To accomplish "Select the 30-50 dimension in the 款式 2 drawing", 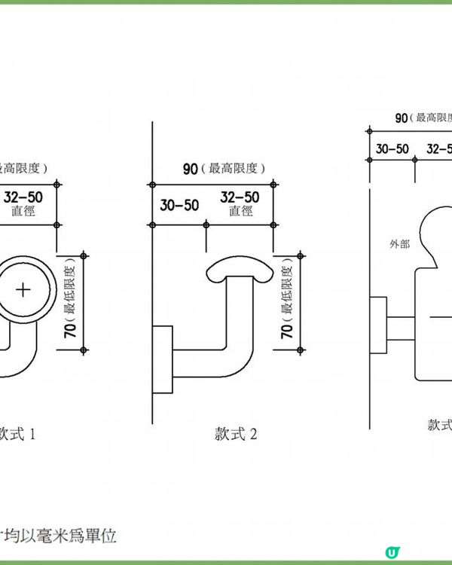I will (x=179, y=205).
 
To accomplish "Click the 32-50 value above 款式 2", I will (x=240, y=197).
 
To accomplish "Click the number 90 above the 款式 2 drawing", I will (x=190, y=168).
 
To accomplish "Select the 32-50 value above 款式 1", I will (x=23, y=197).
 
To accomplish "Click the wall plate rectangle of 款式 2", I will (x=163, y=359).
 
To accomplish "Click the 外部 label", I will (x=399, y=243).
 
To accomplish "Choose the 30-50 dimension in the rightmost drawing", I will (x=392, y=148).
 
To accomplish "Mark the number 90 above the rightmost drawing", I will (x=402, y=118).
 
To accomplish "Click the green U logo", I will (x=391, y=552).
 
